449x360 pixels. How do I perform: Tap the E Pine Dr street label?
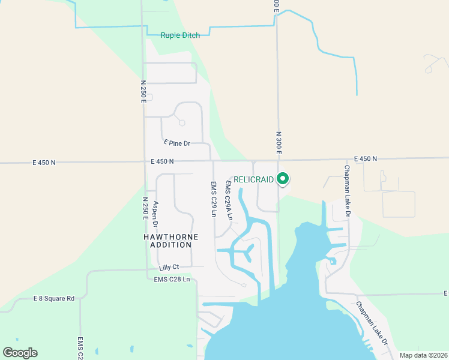[176, 143]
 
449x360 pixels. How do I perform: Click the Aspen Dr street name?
[155, 214]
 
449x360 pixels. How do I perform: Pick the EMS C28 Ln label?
[172, 280]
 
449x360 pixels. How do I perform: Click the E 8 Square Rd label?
[53, 298]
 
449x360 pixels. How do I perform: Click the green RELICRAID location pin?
[283, 178]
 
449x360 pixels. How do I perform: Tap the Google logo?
[20, 353]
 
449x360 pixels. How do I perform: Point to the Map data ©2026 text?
[423, 355]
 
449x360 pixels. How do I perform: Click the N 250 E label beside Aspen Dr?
[145, 208]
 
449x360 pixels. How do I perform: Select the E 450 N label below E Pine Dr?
[162, 161]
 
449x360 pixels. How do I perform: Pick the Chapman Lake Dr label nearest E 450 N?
[346, 191]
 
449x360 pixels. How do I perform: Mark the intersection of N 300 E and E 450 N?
[278, 160]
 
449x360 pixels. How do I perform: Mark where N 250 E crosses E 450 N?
[145, 162]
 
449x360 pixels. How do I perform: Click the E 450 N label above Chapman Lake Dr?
[365, 158]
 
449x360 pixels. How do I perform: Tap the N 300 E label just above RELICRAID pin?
[279, 143]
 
